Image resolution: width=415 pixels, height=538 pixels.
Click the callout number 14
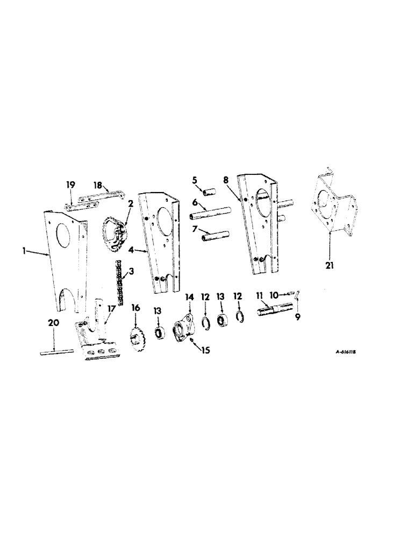189,296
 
